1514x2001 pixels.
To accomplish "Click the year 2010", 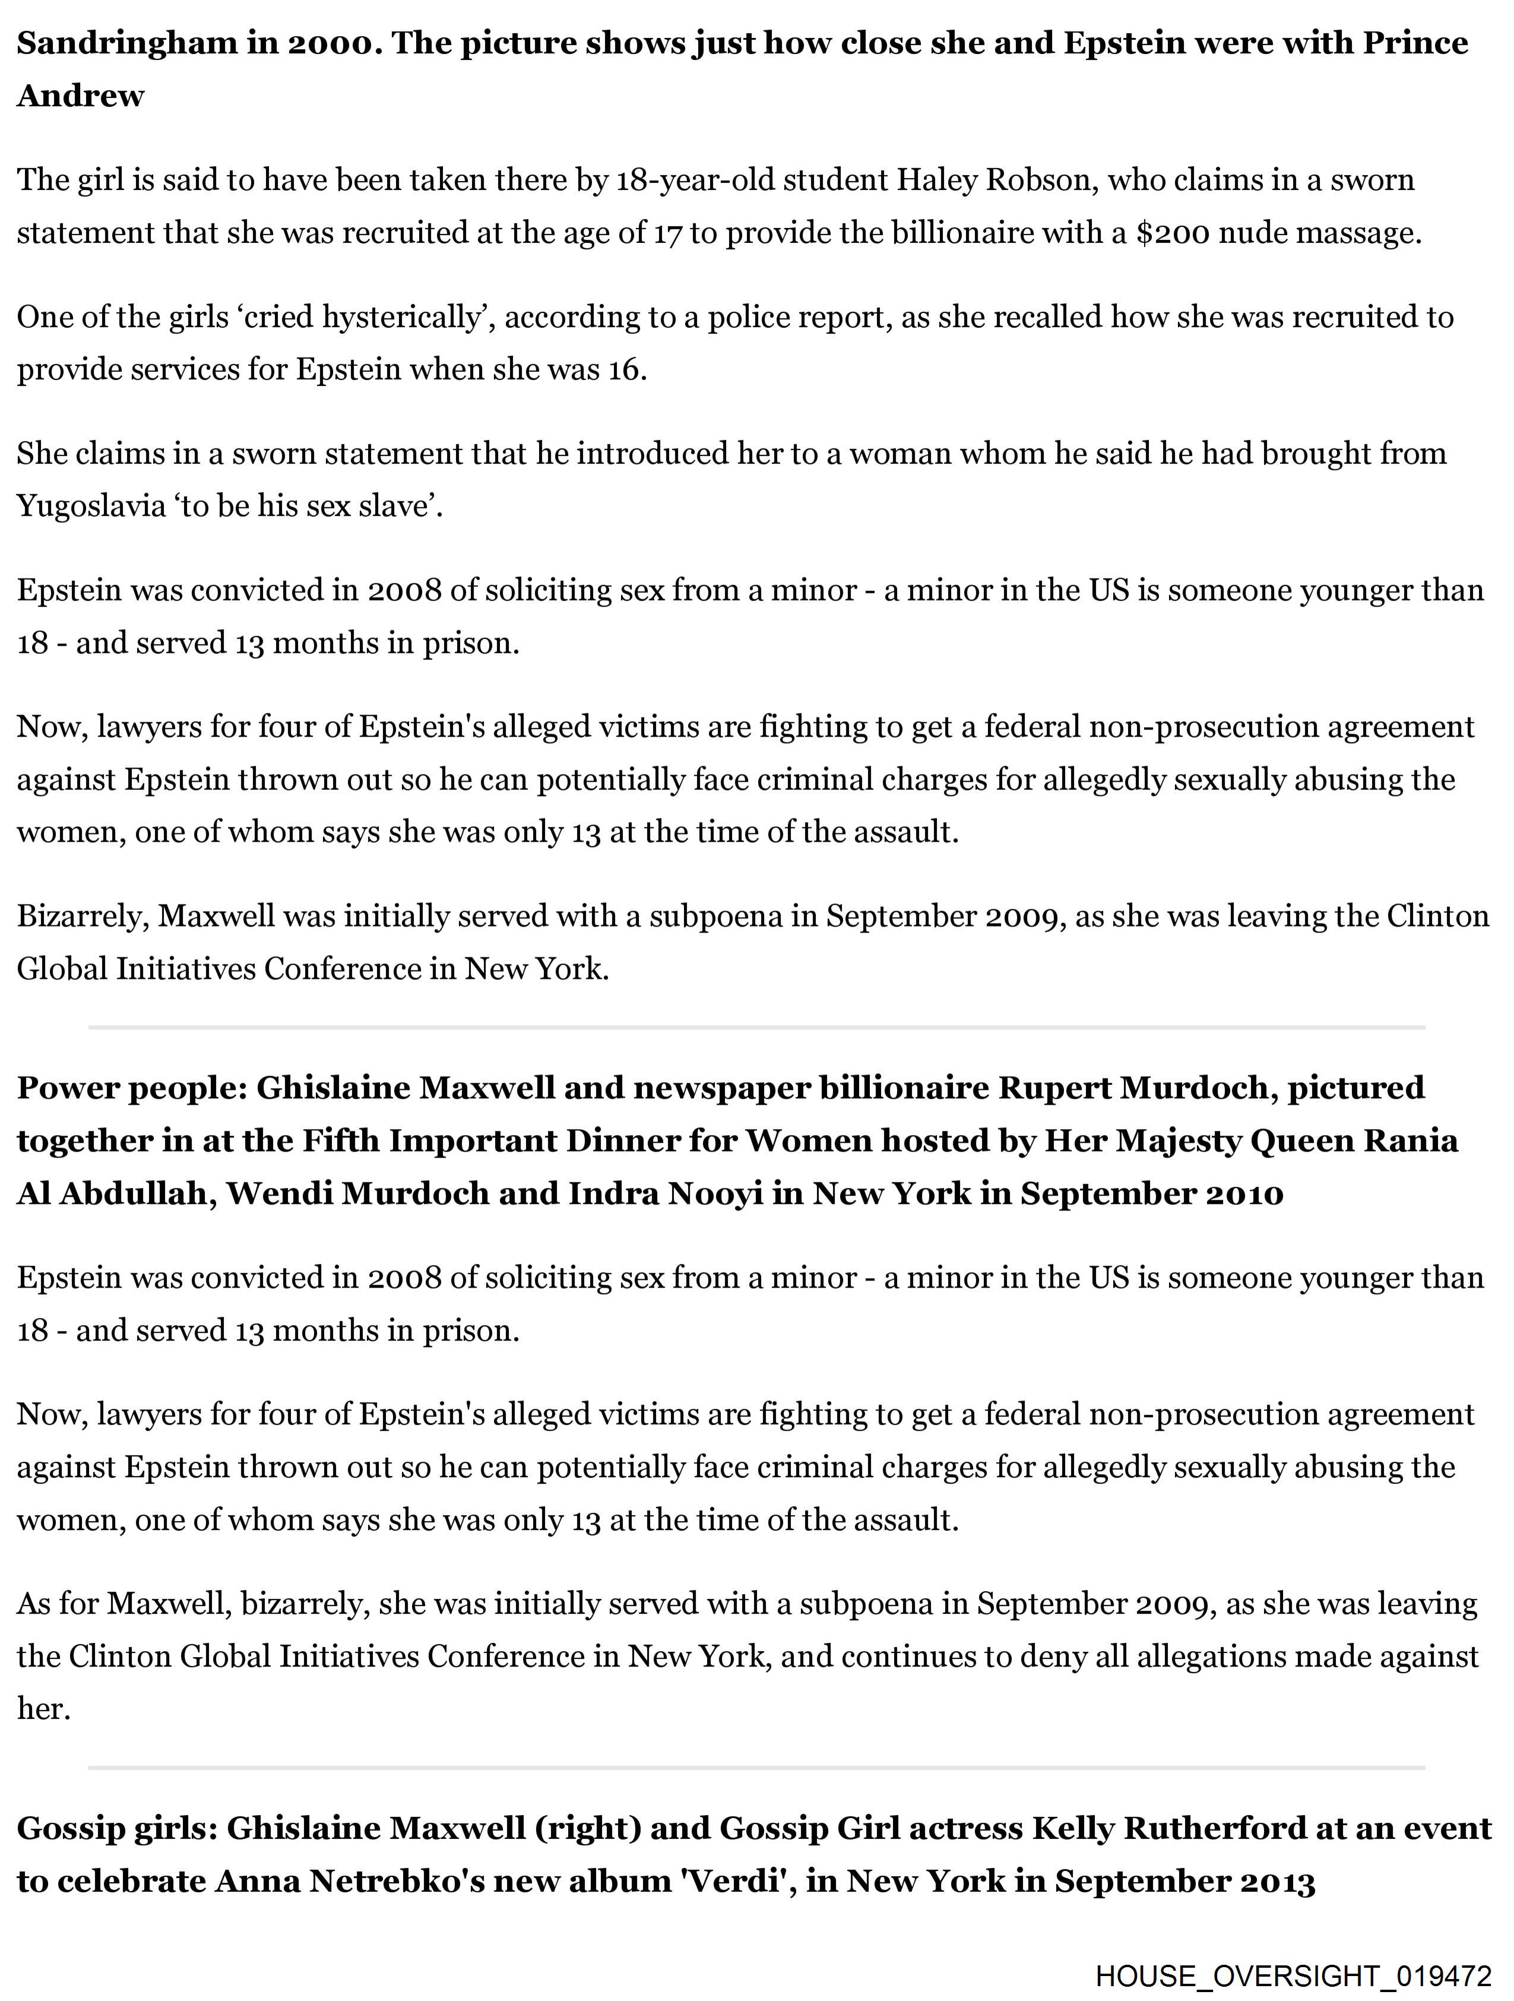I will click(x=1244, y=1193).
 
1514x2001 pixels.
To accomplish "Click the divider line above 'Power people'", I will click(x=756, y=1028).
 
